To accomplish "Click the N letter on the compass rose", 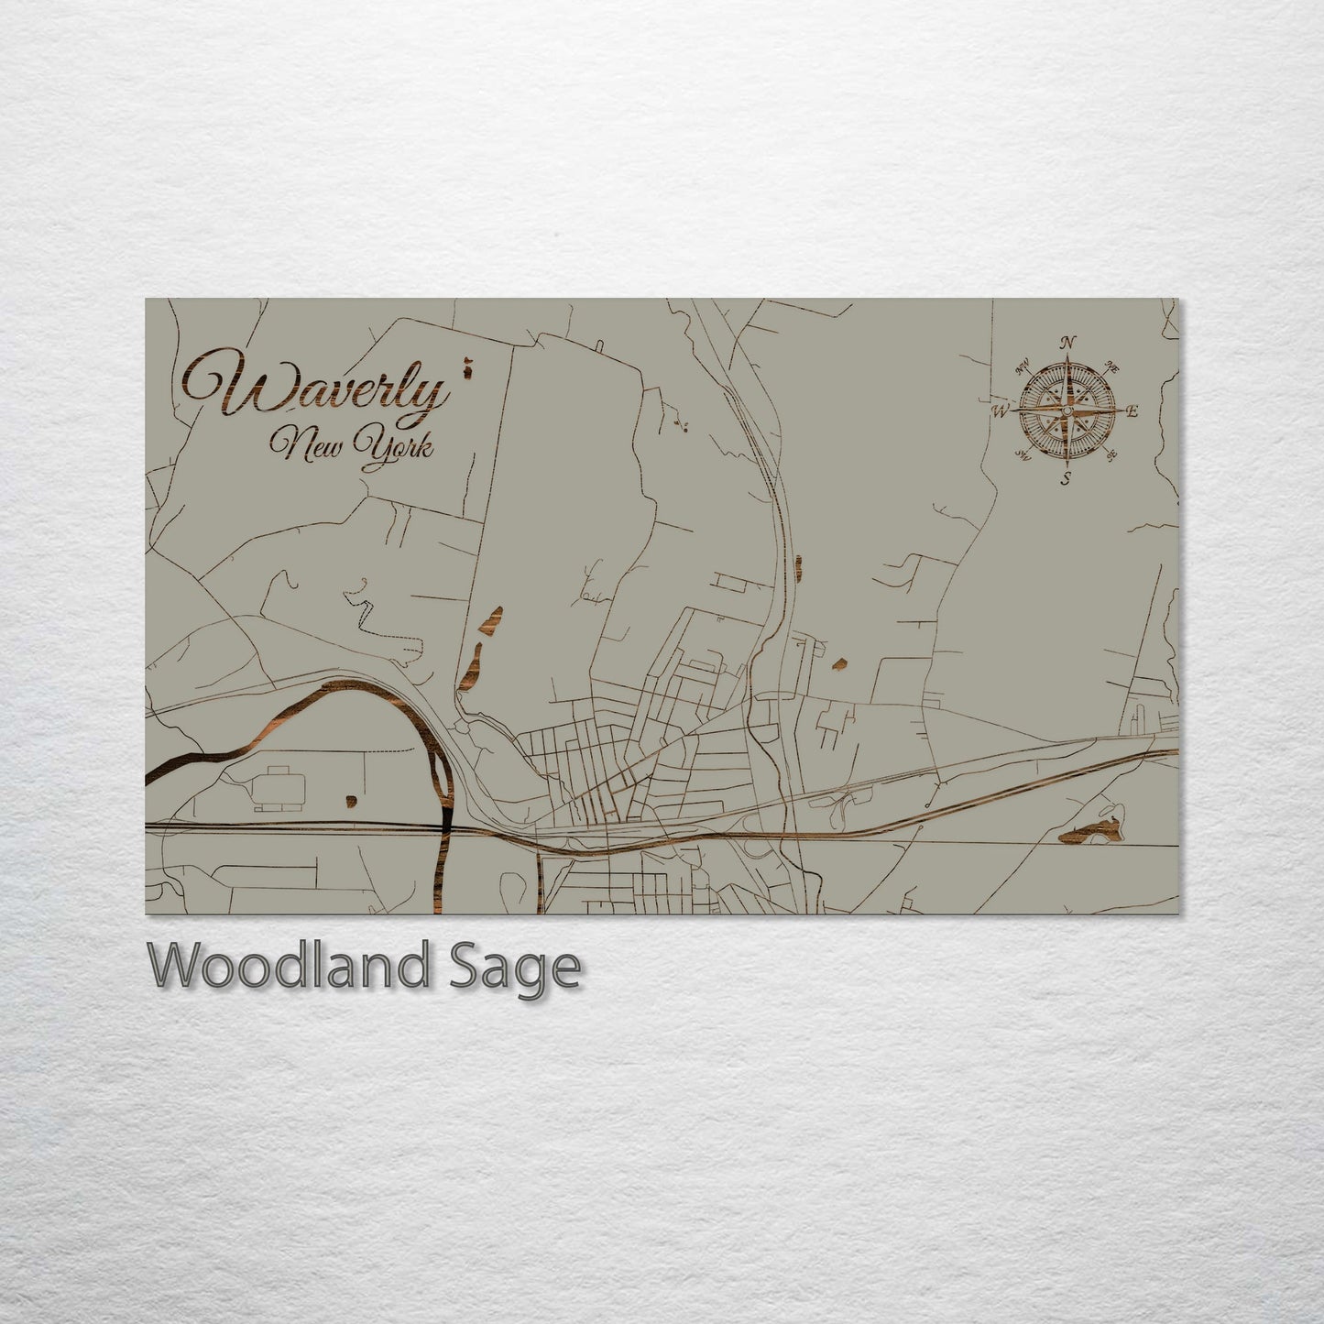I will coord(1067,343).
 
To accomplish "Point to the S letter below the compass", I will coord(1066,478).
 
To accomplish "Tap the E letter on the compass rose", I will coord(1133,411).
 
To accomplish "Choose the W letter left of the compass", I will coord(999,411).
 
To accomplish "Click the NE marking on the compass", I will coord(1113,367).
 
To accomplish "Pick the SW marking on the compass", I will coord(1022,455).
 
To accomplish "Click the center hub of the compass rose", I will coord(1066,410).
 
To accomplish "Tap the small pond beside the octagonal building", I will coord(350,802).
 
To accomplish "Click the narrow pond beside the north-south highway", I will coord(799,567).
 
